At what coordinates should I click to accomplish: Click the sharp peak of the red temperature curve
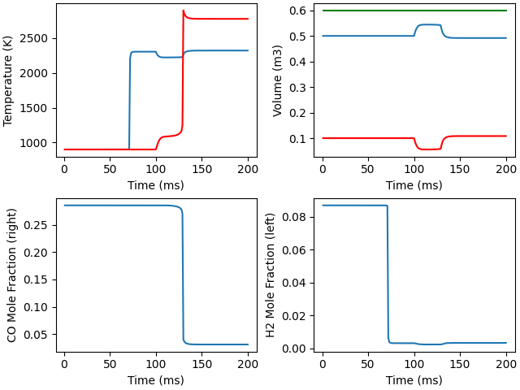point(184,11)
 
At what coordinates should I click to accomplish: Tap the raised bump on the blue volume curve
point(427,24)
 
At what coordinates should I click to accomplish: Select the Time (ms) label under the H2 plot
point(414,380)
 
